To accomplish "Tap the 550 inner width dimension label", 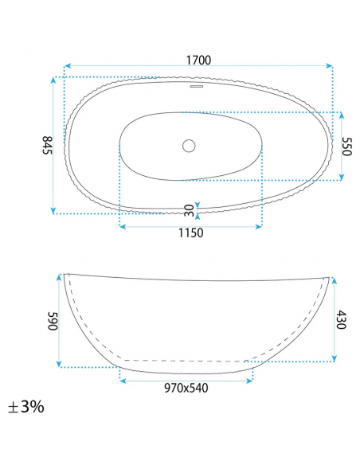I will [x=346, y=146].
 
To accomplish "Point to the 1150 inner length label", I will [x=190, y=233].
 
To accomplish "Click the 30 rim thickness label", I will [x=188, y=210].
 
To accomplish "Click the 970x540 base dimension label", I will [x=186, y=388].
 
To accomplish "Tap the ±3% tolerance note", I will [x=27, y=407].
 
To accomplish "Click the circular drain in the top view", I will [x=189, y=146].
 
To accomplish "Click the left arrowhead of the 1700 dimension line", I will [x=67, y=67].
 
